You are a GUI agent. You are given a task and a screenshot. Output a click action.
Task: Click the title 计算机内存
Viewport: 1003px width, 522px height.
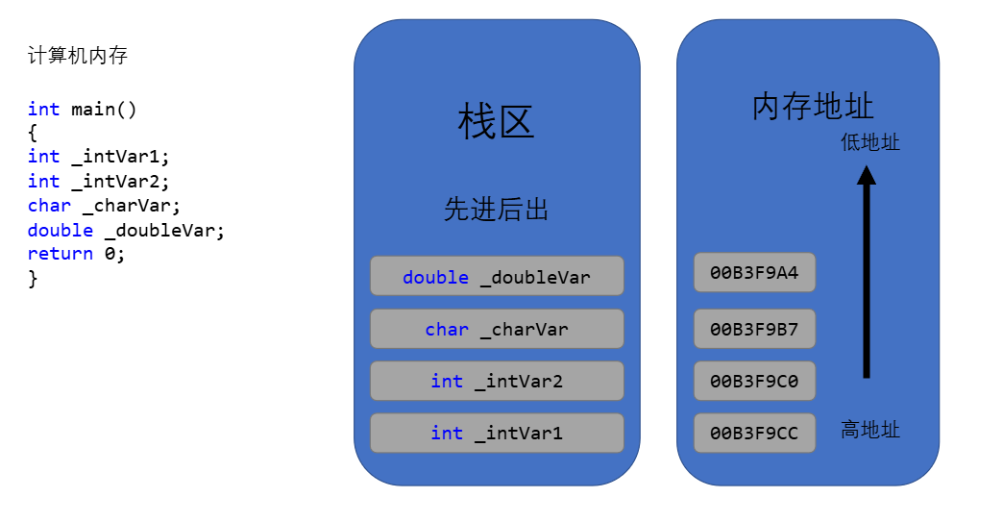pos(78,56)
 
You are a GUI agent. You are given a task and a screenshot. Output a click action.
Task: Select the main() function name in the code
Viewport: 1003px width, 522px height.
pos(104,110)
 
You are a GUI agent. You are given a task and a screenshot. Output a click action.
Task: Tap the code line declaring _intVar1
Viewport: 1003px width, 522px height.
pos(99,157)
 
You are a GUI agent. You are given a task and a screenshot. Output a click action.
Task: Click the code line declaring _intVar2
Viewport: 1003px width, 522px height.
pos(99,182)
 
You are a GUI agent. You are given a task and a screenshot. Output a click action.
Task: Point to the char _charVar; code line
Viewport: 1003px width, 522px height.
pos(104,206)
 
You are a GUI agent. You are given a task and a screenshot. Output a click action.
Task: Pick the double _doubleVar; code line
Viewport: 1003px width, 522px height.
pos(126,231)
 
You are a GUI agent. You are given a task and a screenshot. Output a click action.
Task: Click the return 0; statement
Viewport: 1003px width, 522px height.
pos(76,254)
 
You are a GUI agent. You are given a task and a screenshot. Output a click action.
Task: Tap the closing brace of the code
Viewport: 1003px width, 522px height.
pos(33,279)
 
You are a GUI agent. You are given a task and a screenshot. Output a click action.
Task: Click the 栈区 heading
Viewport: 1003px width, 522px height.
pos(496,121)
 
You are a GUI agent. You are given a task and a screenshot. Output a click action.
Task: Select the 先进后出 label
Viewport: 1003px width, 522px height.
pos(496,210)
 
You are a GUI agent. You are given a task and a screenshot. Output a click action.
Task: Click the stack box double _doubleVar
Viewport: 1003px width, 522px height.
pos(497,276)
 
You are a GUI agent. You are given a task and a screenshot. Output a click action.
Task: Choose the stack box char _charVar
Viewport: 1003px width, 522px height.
pos(497,329)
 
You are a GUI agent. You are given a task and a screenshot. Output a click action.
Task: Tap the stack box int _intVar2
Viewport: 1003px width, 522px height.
pos(497,381)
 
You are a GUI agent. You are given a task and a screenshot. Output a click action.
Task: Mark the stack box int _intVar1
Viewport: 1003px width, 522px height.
pos(497,434)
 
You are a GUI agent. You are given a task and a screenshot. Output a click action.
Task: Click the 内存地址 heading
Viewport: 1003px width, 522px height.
pos(813,106)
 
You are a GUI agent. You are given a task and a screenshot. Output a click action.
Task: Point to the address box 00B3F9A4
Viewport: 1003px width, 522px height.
pos(755,272)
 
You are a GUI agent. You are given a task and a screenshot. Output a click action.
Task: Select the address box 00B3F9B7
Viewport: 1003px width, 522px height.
pos(755,329)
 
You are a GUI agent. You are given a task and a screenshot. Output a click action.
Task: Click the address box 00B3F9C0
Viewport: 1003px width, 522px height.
pos(755,381)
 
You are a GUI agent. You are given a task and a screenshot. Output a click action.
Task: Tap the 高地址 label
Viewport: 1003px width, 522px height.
pos(870,430)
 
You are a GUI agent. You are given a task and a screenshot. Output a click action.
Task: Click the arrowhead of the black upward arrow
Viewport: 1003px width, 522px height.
pos(867,175)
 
